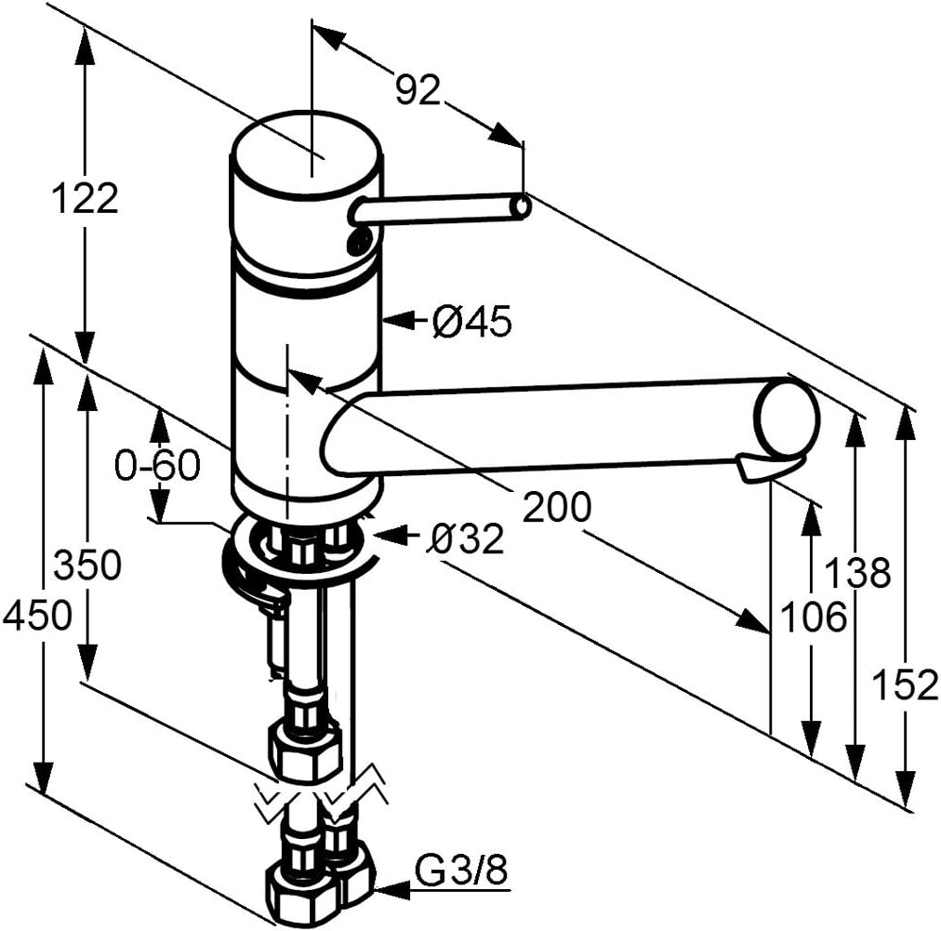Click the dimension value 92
[417, 90]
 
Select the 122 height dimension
[85, 198]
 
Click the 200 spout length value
[556, 507]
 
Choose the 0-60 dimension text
[157, 465]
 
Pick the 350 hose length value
[87, 565]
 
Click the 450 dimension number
[36, 615]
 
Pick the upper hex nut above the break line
[305, 750]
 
